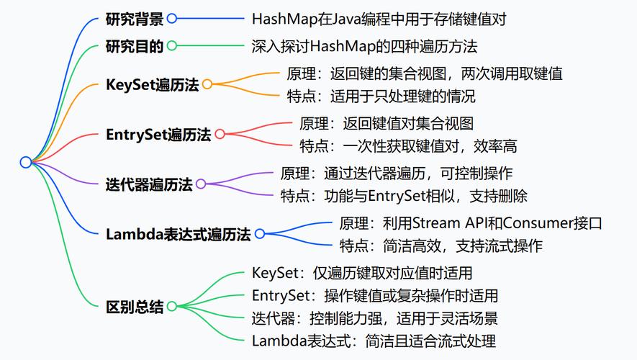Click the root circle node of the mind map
(26, 162)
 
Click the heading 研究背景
(134, 19)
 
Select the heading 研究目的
(134, 46)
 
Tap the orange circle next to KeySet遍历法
(207, 84)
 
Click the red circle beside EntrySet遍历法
(220, 134)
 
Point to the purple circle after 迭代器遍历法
(201, 184)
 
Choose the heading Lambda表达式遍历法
(178, 234)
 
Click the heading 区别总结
(134, 307)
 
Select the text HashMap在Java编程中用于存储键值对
(379, 19)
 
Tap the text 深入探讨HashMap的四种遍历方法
(364, 46)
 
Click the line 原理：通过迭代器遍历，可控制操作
(396, 173)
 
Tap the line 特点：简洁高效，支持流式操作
(441, 246)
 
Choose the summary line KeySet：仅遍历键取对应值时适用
(362, 273)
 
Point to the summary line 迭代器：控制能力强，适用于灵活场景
(374, 318)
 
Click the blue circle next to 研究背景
(171, 19)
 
